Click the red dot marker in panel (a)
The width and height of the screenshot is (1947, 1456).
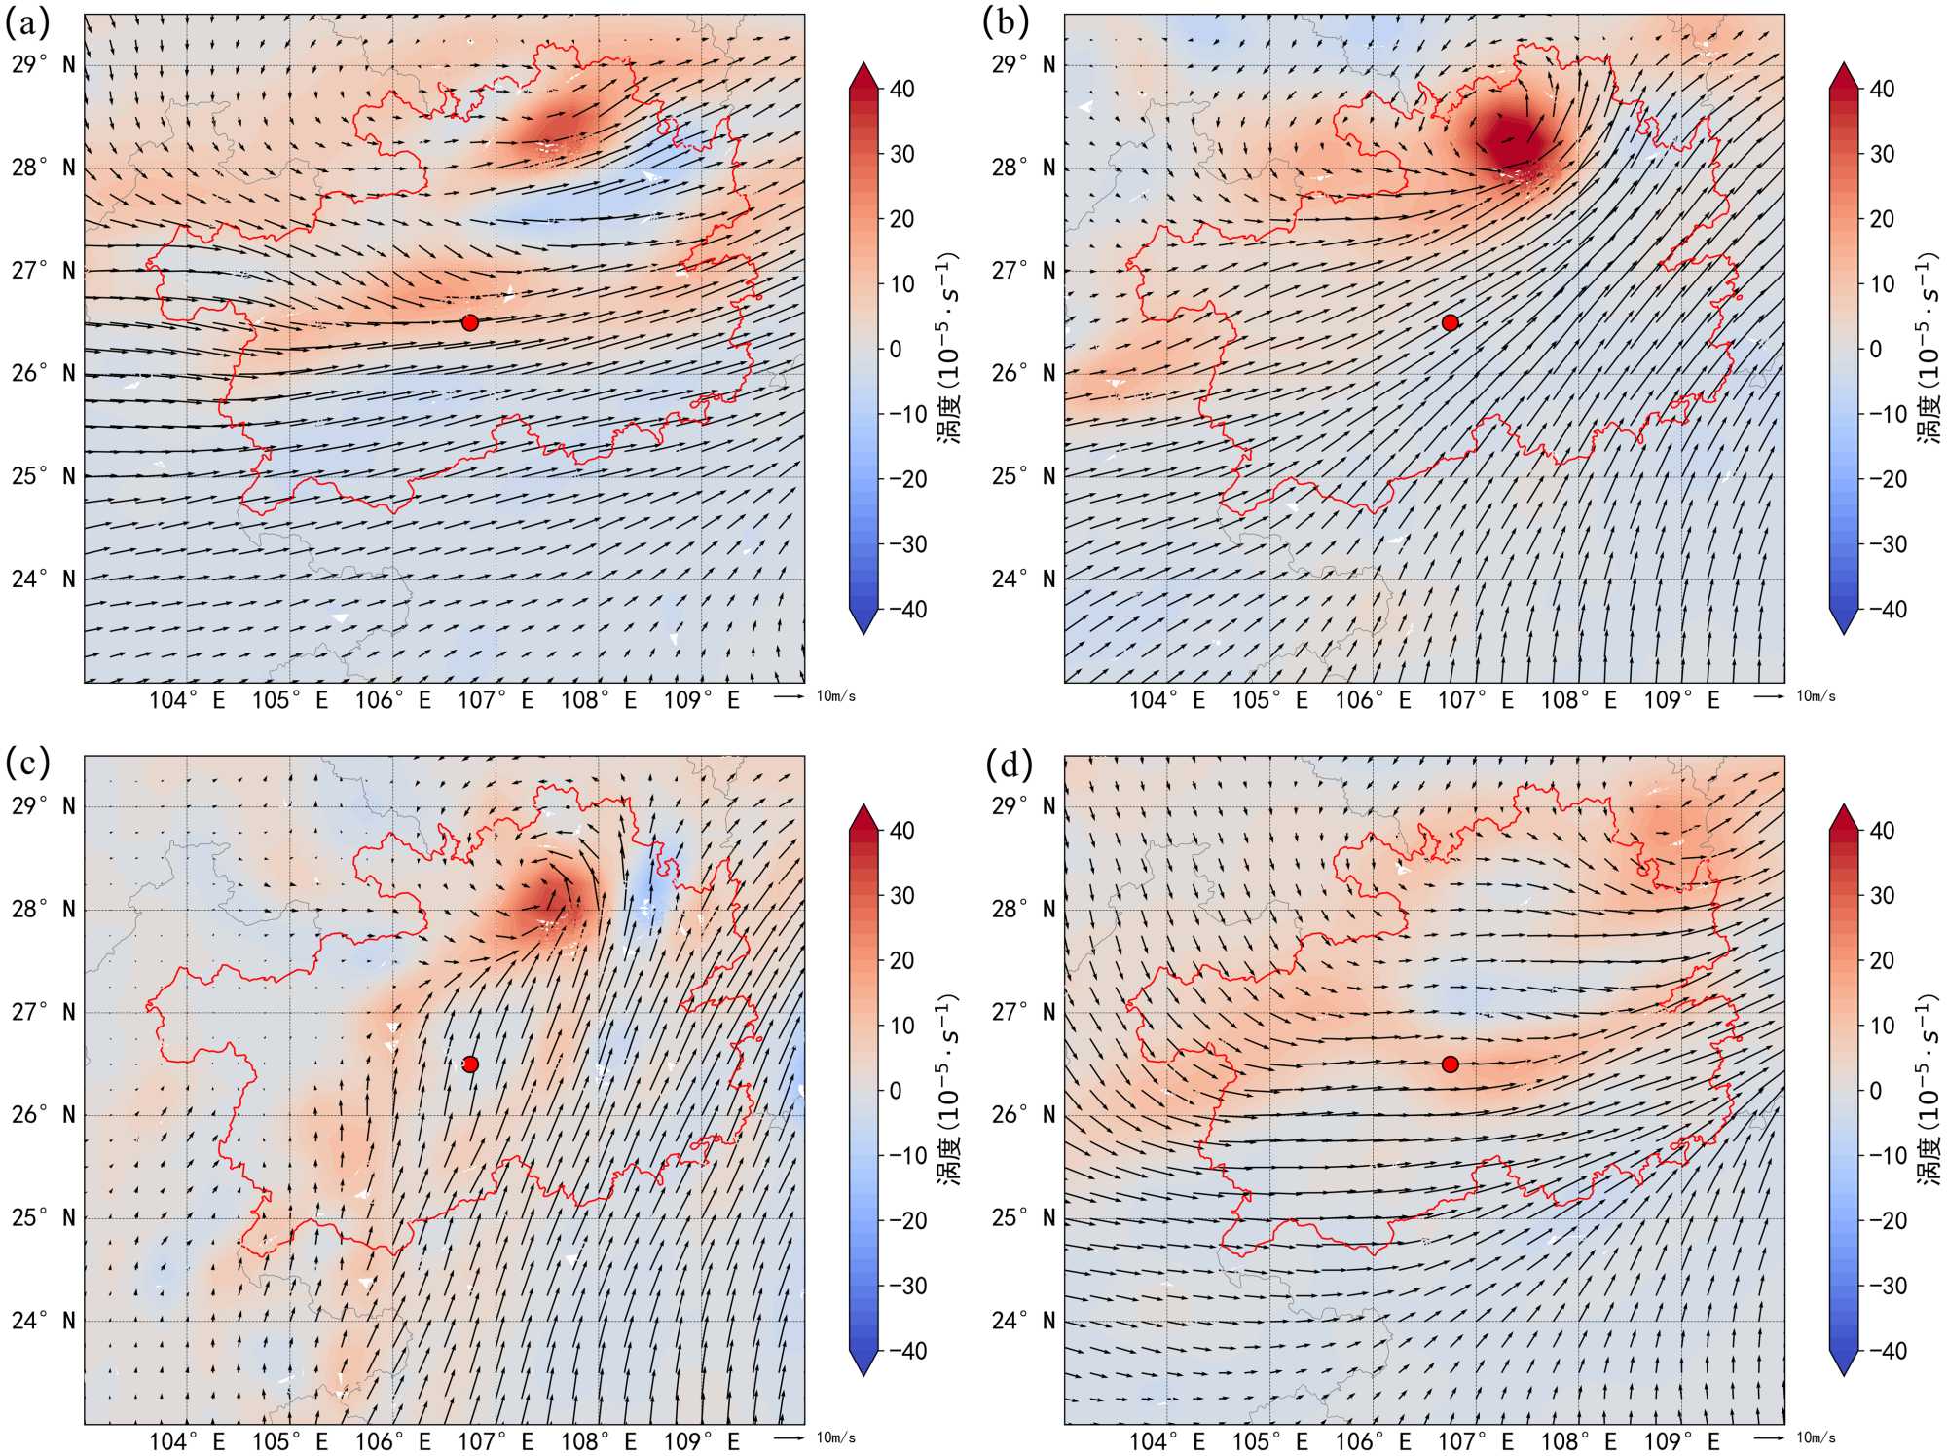point(470,322)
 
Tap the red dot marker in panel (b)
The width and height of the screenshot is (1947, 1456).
point(1450,322)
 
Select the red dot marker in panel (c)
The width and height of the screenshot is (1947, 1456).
point(470,1064)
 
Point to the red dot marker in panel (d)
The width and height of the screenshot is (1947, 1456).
point(1450,1064)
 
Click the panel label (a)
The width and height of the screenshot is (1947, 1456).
point(27,23)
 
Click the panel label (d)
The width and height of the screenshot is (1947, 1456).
point(1008,765)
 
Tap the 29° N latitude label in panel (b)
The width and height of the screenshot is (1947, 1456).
point(1023,65)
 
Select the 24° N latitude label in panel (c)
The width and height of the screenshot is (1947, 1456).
point(43,1321)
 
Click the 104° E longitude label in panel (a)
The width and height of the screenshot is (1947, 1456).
point(187,700)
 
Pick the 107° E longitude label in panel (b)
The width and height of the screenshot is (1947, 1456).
point(1476,700)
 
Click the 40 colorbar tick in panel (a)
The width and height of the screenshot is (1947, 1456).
point(902,89)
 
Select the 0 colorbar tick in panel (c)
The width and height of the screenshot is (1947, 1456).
point(896,1091)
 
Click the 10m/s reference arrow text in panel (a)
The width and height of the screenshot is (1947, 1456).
point(836,696)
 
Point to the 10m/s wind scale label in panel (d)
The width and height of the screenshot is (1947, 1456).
point(1816,1438)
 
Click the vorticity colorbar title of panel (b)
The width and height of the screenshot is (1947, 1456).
point(1929,349)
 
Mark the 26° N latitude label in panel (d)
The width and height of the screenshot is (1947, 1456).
point(1023,1115)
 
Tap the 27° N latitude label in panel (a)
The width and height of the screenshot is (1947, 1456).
point(43,271)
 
